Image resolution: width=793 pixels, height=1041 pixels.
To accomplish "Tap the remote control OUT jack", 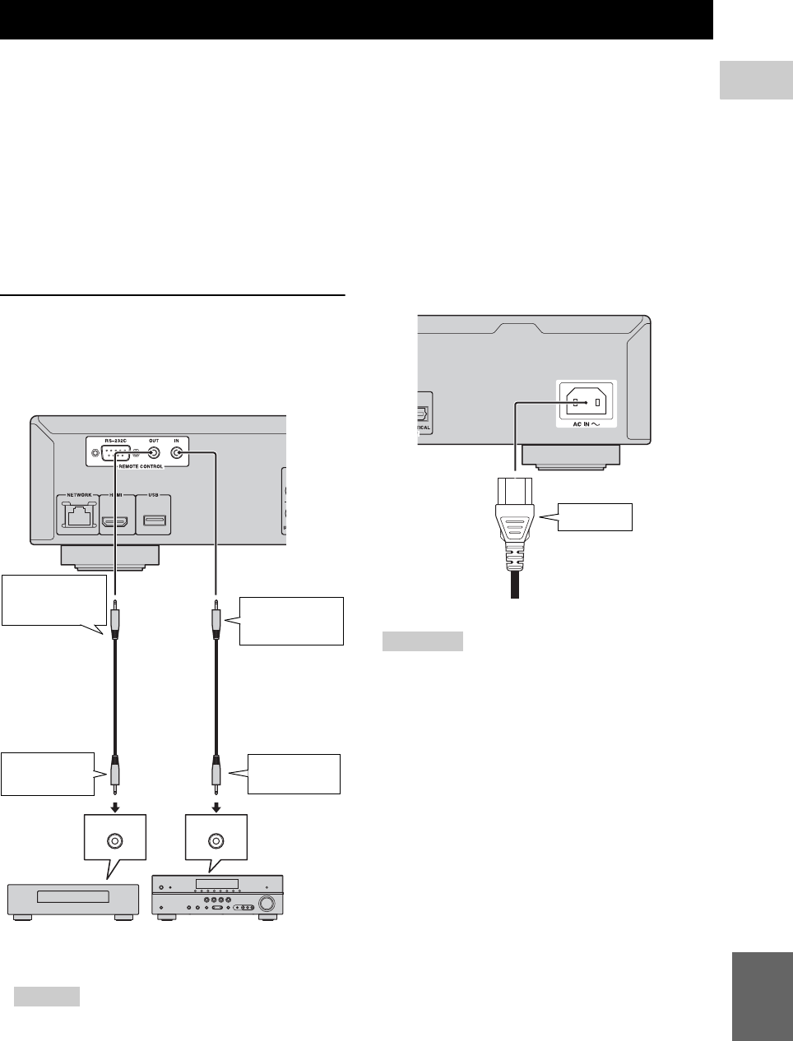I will (x=153, y=453).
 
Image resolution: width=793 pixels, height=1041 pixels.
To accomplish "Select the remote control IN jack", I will (x=177, y=453).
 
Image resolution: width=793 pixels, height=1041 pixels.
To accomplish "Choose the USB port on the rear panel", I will (x=154, y=519).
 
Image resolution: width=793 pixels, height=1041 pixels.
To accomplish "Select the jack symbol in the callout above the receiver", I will (x=216, y=840).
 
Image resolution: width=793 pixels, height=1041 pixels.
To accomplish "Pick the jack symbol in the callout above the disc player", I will (x=115, y=840).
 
